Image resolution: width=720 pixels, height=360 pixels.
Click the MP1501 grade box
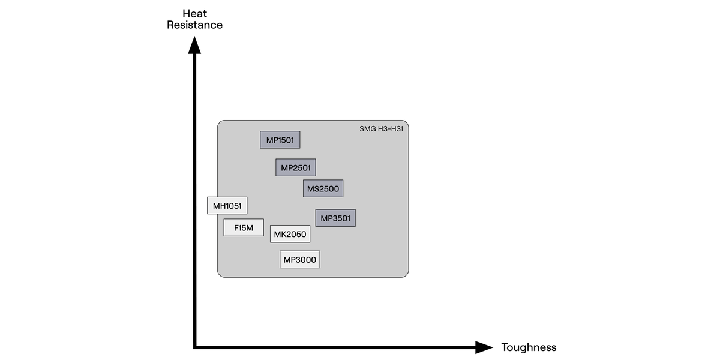280,140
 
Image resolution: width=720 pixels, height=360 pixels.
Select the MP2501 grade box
296,167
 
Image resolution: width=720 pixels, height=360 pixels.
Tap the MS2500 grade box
323,188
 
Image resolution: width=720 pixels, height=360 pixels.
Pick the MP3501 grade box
335,218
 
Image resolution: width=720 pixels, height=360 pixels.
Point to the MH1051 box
227,206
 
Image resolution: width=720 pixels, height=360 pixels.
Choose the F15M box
244,227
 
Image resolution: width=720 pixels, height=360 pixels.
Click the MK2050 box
290,234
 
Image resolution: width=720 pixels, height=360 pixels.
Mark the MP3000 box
299,259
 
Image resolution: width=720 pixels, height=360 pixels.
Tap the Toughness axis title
529,347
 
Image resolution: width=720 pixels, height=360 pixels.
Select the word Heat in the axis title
194,13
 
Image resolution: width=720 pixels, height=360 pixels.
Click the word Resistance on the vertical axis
194,25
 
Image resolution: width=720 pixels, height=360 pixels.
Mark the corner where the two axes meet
195,346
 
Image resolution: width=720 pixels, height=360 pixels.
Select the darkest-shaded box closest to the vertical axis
280,140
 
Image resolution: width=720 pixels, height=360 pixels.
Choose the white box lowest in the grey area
299,259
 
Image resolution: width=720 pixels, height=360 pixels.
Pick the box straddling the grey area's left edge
227,206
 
